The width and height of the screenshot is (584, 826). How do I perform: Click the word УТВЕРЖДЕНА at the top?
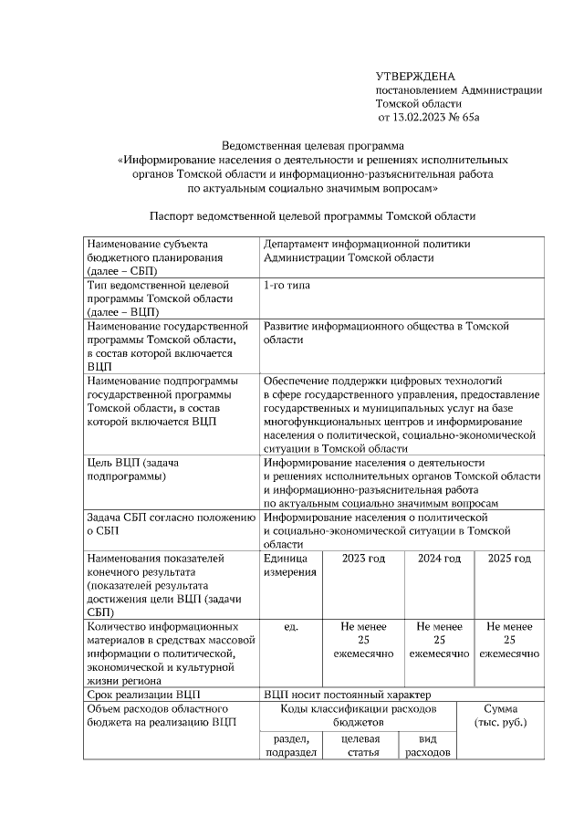pos(415,76)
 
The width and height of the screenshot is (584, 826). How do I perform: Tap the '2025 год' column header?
pos(509,559)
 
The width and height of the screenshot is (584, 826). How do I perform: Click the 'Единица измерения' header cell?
pos(289,565)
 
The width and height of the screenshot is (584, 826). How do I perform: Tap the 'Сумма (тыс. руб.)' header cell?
pos(501,716)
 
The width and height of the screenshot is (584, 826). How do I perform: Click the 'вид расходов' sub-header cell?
pos(426,745)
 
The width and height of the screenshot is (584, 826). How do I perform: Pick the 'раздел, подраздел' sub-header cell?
pos(289,745)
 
